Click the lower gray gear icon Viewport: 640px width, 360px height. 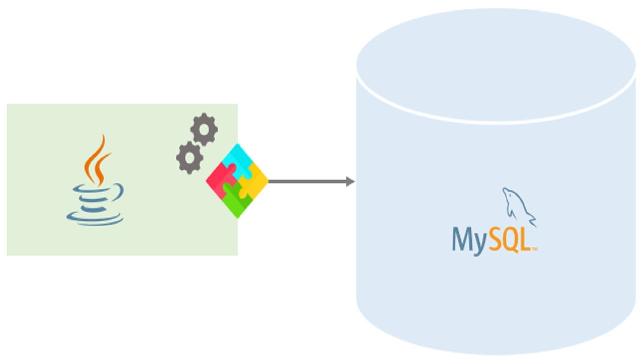[190, 157]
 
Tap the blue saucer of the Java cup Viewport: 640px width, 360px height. [95, 219]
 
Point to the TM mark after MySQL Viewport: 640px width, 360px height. [534, 249]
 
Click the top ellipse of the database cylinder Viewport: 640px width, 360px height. [496, 65]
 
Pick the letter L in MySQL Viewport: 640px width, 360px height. [524, 240]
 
